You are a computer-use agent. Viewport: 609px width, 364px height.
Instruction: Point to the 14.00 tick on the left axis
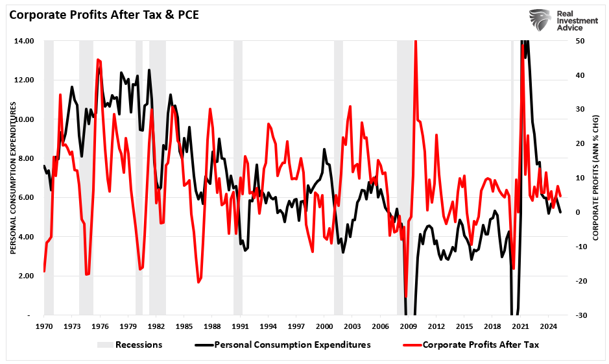pos(25,41)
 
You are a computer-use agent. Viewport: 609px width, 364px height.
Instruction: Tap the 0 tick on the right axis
pos(581,212)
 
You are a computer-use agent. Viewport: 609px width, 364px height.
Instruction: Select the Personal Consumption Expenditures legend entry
pos(292,345)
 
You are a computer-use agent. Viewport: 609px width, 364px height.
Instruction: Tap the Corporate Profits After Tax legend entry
pos(480,345)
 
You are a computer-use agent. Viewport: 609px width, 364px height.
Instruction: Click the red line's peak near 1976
pos(98,60)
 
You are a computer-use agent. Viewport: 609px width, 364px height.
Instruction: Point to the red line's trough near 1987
pos(198,282)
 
